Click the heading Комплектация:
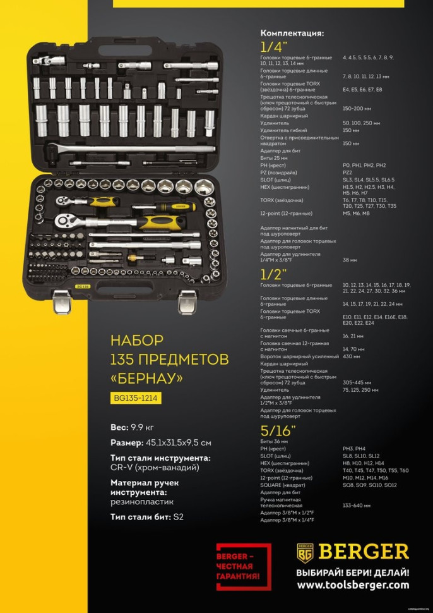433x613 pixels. (292, 33)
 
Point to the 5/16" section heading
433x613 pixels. (277, 431)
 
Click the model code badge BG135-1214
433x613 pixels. (135, 398)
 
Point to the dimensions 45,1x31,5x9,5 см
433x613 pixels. (179, 442)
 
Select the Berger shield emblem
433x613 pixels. (305, 552)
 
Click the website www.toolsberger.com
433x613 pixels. (352, 586)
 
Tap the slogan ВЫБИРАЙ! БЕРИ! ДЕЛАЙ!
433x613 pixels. (352, 572)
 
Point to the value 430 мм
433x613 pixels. (352, 356)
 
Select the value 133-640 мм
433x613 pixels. (356, 506)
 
